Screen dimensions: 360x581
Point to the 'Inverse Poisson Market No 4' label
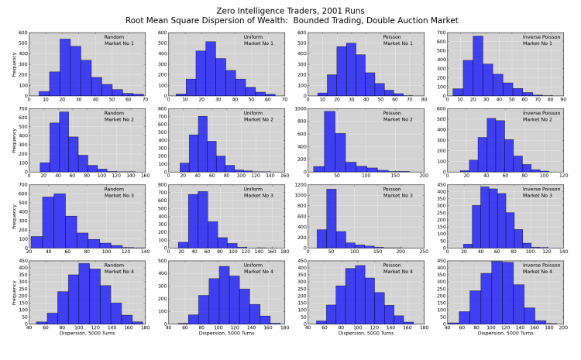coord(541,268)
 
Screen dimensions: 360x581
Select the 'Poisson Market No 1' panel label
coord(399,40)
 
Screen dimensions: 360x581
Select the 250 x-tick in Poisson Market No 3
coord(424,252)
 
